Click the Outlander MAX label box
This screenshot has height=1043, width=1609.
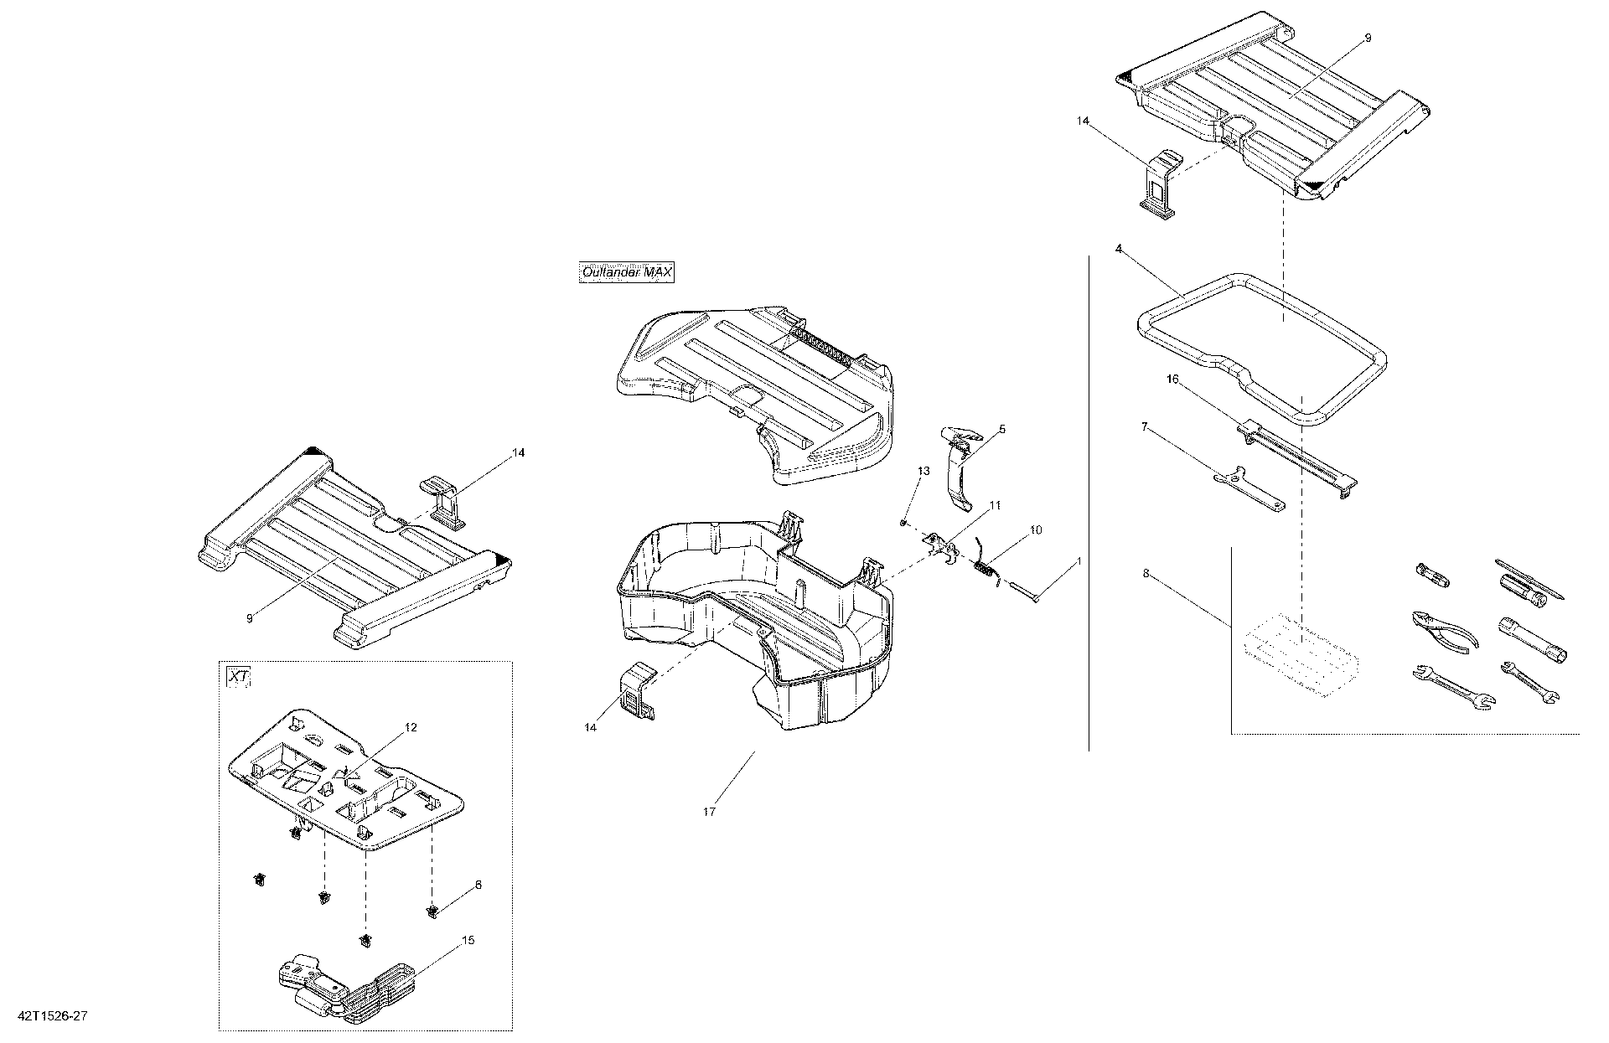coord(627,272)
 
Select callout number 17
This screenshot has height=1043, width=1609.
coord(709,812)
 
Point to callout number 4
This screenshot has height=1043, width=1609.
coord(1119,249)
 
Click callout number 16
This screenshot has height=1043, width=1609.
coord(1172,380)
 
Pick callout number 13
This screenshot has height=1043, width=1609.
coord(923,472)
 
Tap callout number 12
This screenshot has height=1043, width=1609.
coord(411,728)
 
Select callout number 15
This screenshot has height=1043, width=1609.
coord(468,941)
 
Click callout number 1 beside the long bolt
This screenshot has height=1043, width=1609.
coord(1079,560)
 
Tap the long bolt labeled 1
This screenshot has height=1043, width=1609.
coord(1026,592)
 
